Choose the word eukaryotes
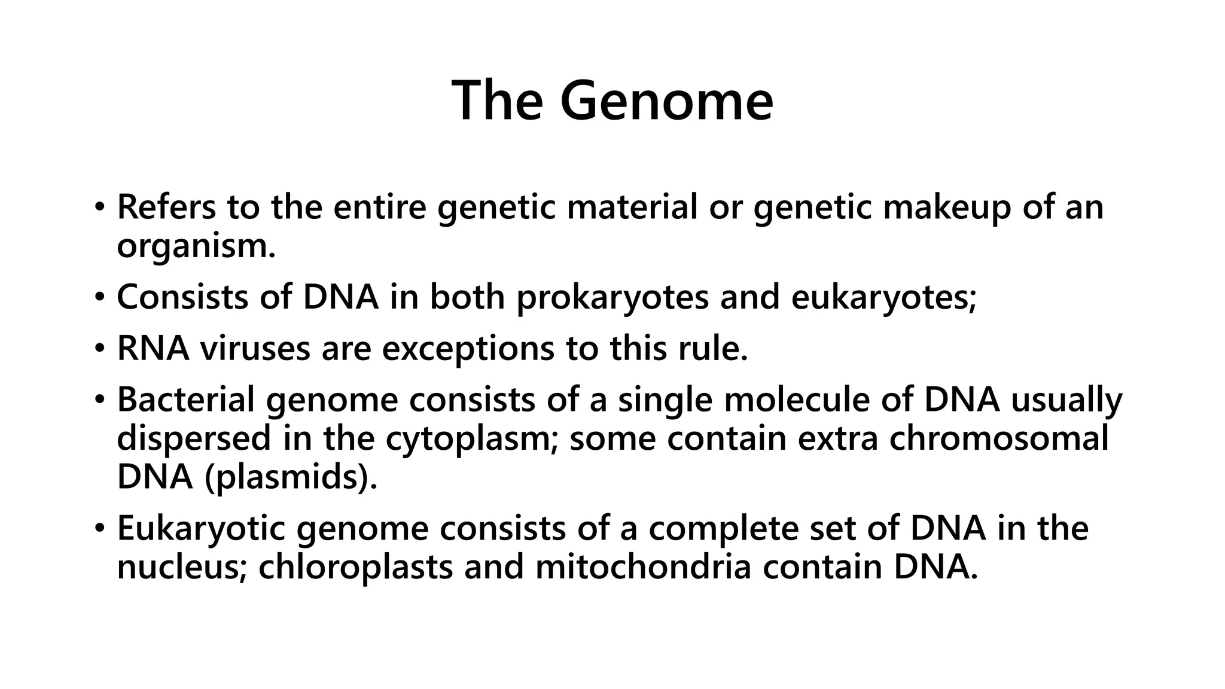[883, 297]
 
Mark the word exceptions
[468, 348]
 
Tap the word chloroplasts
[355, 567]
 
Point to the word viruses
[255, 348]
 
